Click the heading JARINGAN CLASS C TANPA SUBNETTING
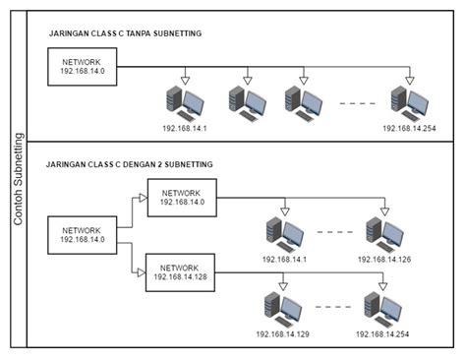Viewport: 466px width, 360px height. pyautogui.click(x=125, y=33)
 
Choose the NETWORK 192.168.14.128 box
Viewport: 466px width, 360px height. pyautogui.click(x=180, y=270)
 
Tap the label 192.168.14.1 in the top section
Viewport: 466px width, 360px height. pyautogui.click(x=187, y=129)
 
